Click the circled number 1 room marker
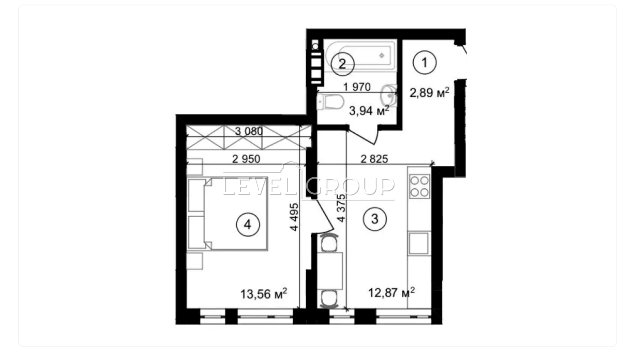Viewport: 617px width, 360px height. pyautogui.click(x=425, y=62)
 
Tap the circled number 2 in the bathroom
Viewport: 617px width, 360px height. pyautogui.click(x=342, y=64)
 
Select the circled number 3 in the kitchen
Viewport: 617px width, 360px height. pyautogui.click(x=374, y=219)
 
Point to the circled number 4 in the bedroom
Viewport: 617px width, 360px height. pyautogui.click(x=248, y=225)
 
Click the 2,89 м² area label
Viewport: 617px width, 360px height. pyautogui.click(x=430, y=93)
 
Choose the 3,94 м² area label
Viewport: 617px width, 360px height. pyautogui.click(x=369, y=111)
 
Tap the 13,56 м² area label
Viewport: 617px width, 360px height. pyautogui.click(x=264, y=294)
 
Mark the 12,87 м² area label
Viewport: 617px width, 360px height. pyautogui.click(x=391, y=292)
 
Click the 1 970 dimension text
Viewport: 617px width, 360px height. pyautogui.click(x=357, y=87)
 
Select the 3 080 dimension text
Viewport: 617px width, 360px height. pyautogui.click(x=249, y=131)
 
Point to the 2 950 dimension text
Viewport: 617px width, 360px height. pyautogui.click(x=246, y=159)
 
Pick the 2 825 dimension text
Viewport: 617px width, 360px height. pyautogui.click(x=374, y=159)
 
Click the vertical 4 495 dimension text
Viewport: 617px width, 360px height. pyautogui.click(x=294, y=217)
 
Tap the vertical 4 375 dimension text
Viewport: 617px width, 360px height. pyautogui.click(x=341, y=208)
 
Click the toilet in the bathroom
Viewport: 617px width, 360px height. pyautogui.click(x=330, y=101)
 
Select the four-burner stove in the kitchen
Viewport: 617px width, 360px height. pyautogui.click(x=419, y=186)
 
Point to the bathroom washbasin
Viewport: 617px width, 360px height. pyautogui.click(x=389, y=96)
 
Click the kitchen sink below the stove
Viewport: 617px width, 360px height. pyautogui.click(x=419, y=243)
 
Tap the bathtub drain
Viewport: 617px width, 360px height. pyautogui.click(x=382, y=56)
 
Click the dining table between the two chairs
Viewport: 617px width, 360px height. pyautogui.click(x=330, y=271)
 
